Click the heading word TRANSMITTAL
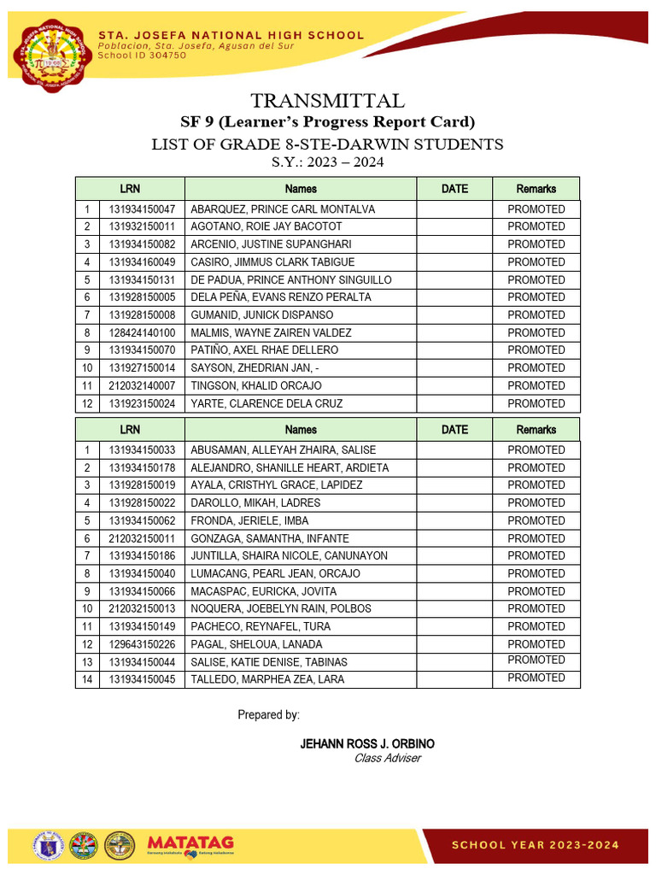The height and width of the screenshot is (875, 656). click(328, 101)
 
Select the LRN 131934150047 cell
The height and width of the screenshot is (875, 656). click(142, 209)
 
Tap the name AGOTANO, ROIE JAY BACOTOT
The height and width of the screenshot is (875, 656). click(266, 226)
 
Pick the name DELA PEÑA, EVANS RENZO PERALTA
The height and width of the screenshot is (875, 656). click(281, 297)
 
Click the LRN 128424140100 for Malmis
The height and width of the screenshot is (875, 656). click(142, 332)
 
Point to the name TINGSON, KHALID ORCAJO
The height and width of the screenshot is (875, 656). click(256, 385)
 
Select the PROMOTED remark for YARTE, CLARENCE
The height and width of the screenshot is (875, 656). click(536, 403)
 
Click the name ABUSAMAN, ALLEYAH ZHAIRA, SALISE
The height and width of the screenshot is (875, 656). click(284, 450)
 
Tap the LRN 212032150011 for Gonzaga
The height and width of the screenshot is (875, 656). click(142, 538)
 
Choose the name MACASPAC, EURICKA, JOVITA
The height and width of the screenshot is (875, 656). click(264, 591)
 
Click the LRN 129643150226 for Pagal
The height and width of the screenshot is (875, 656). click(142, 644)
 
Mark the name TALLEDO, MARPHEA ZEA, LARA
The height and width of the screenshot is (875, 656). click(269, 679)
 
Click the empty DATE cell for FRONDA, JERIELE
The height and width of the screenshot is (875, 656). click(454, 520)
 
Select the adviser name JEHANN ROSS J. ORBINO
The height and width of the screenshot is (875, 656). click(367, 744)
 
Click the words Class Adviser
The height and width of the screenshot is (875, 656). click(387, 759)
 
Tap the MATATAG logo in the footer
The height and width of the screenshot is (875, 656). click(190, 844)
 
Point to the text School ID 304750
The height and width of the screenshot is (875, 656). click(143, 55)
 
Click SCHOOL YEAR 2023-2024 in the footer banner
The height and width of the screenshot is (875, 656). click(535, 845)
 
